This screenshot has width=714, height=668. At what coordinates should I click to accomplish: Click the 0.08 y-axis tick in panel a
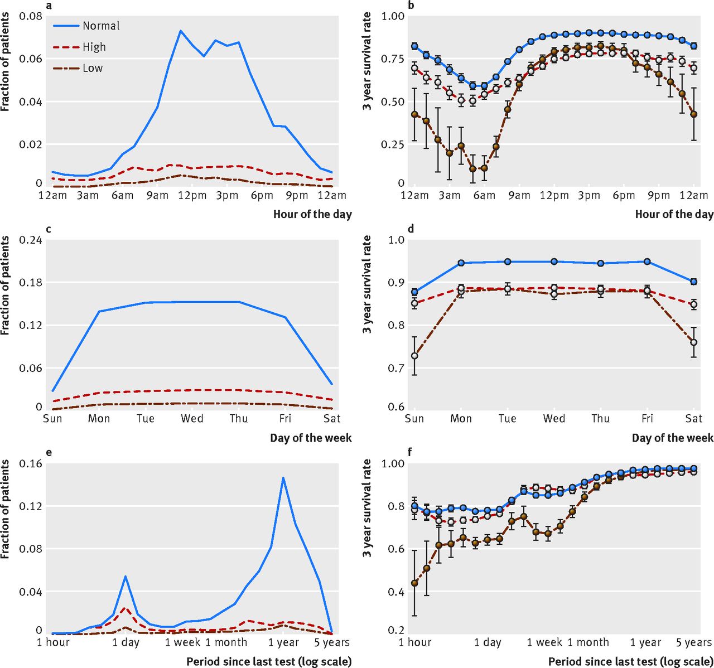(31, 16)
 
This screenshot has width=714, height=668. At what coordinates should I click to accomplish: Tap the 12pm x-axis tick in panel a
(192, 195)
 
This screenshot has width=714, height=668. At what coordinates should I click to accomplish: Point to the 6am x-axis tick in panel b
(484, 195)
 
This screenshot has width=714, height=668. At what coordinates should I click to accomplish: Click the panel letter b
(411, 6)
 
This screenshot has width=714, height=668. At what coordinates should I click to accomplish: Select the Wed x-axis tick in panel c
(192, 418)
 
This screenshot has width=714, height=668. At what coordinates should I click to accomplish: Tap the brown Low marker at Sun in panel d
(414, 356)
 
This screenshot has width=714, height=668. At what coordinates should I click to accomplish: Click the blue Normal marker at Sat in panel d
(693, 282)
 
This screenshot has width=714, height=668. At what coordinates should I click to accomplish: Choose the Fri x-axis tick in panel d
(647, 418)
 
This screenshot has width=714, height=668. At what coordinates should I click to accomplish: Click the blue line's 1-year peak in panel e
(283, 478)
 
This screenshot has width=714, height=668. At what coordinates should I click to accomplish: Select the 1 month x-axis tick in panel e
(226, 642)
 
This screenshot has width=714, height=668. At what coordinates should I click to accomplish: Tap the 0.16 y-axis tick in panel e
(31, 463)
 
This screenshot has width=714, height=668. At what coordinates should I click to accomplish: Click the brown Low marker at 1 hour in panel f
(414, 583)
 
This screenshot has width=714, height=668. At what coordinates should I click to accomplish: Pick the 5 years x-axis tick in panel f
(693, 642)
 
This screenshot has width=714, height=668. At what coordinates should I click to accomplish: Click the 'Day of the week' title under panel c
(311, 438)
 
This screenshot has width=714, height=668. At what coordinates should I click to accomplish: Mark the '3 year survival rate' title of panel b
(367, 61)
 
